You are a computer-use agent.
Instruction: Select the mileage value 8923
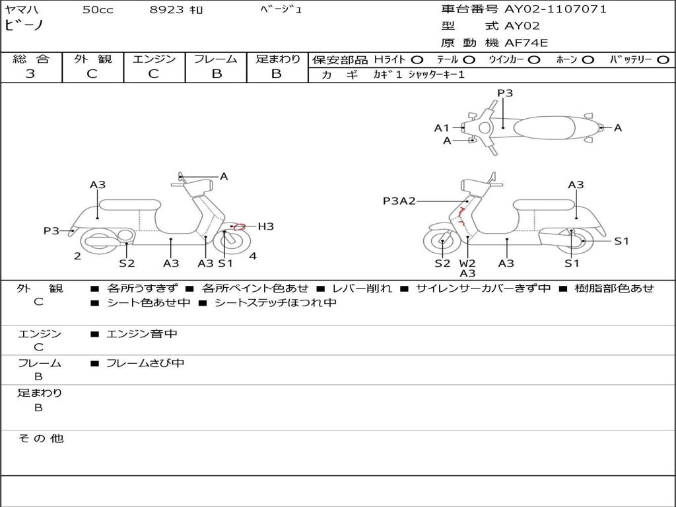pyautogui.click(x=167, y=10)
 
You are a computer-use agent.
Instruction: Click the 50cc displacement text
pyautogui.click(x=97, y=10)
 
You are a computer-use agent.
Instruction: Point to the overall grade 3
pyautogui.click(x=30, y=74)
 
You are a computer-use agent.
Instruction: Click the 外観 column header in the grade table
pyautogui.click(x=92, y=59)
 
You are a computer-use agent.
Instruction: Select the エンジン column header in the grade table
pyautogui.click(x=154, y=59)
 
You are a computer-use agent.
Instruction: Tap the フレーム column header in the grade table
pyautogui.click(x=215, y=59)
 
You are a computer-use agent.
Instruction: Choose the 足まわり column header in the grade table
pyautogui.click(x=277, y=59)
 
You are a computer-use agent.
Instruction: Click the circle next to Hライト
pyautogui.click(x=417, y=60)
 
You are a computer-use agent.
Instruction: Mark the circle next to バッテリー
pyautogui.click(x=663, y=60)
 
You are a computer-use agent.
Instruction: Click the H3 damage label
pyautogui.click(x=265, y=226)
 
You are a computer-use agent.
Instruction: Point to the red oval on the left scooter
pyautogui.click(x=240, y=227)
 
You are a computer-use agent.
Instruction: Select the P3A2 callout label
pyautogui.click(x=399, y=201)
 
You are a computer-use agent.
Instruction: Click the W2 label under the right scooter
pyautogui.click(x=467, y=263)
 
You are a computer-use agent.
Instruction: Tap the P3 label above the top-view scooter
pyautogui.click(x=505, y=93)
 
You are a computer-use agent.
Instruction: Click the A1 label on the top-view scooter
pyautogui.click(x=442, y=128)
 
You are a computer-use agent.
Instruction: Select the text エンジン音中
pyautogui.click(x=142, y=334)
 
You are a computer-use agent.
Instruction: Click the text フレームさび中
pyautogui.click(x=145, y=363)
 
